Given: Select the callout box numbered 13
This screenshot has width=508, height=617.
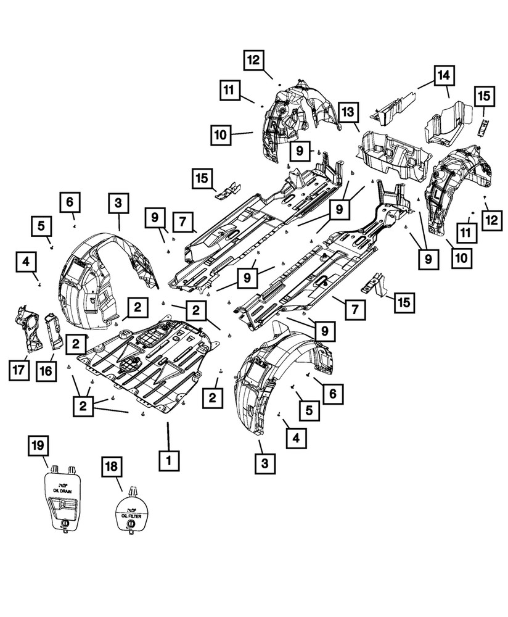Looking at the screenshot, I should coord(348,113).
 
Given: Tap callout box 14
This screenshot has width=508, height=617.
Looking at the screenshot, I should coord(444,76).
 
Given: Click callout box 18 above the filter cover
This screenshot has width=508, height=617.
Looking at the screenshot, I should coord(114,470).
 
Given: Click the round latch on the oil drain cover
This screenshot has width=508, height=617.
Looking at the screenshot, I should coord(63,523).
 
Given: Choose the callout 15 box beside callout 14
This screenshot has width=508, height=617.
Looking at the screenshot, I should coord(483,97).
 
